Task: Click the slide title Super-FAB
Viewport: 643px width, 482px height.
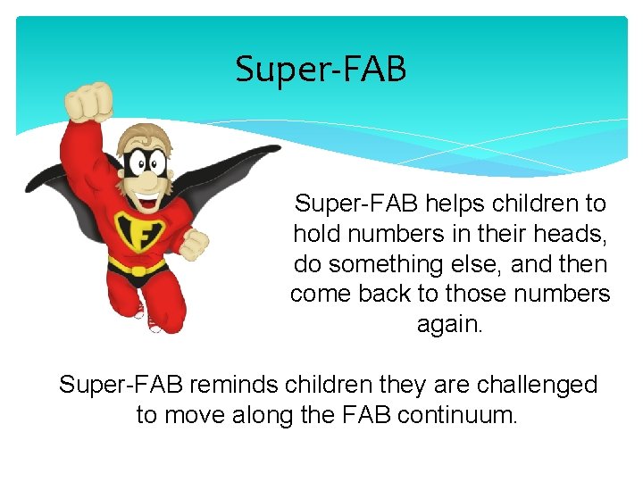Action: (321, 70)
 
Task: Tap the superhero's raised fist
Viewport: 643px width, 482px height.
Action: (89, 101)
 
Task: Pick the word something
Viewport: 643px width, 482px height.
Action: (394, 264)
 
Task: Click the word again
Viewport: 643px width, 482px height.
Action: (450, 325)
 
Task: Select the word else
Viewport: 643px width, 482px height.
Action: (484, 264)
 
